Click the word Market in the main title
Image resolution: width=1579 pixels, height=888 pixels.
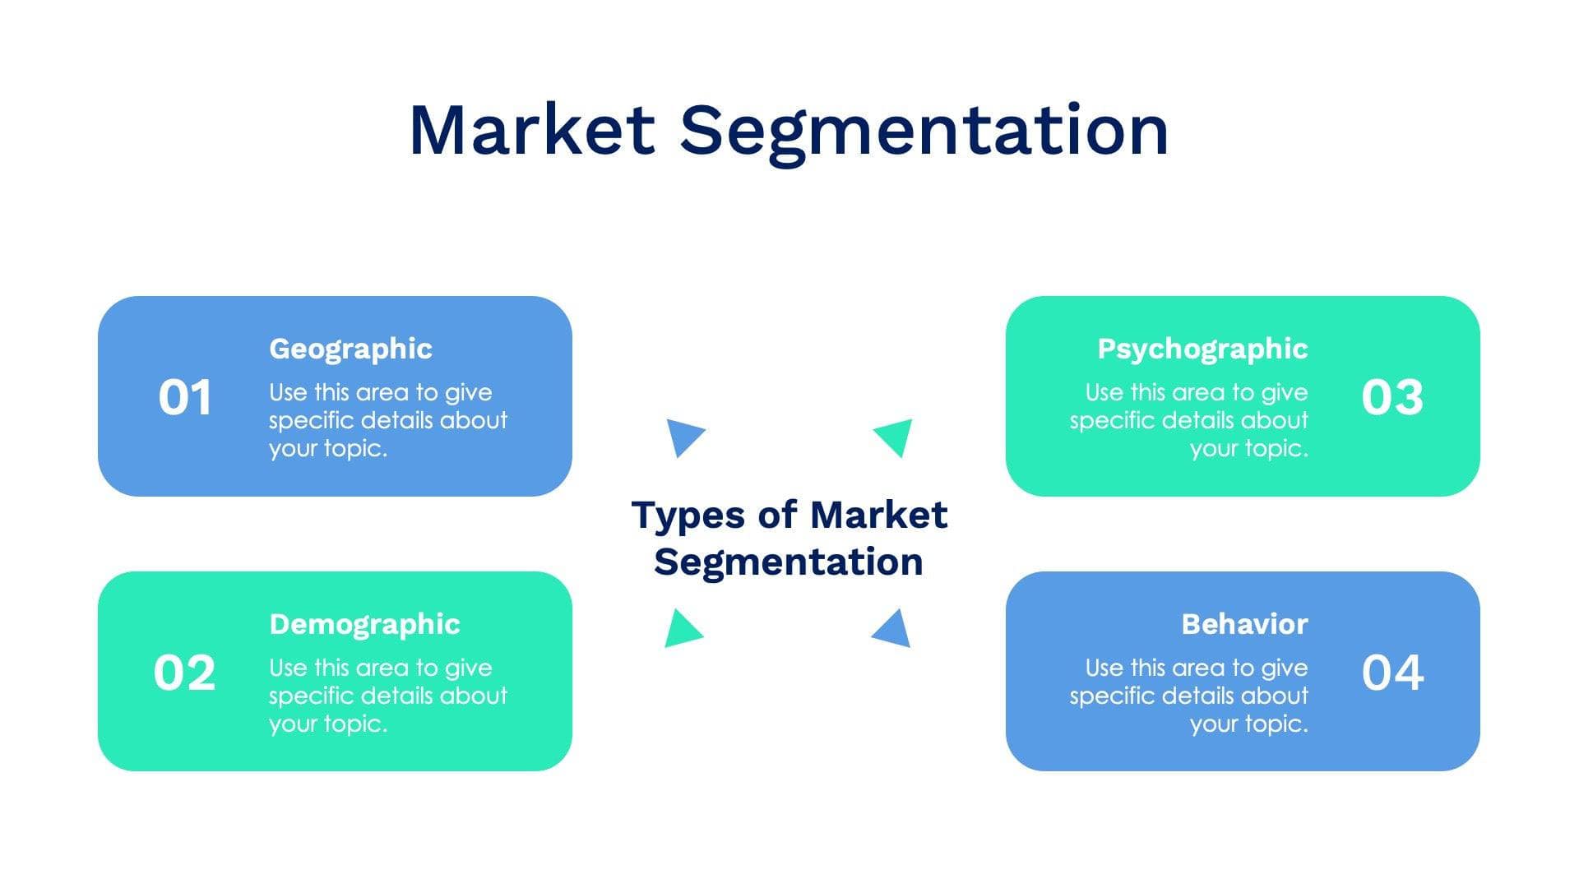(x=531, y=130)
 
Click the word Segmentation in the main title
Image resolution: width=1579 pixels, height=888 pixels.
(x=924, y=132)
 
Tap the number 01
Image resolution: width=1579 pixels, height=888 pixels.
(x=185, y=397)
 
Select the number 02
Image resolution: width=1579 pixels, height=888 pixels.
(x=184, y=673)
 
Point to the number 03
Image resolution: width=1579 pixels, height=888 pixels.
(x=1391, y=397)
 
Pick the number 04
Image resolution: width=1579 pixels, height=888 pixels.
(x=1391, y=673)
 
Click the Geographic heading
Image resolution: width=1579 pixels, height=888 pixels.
(x=350, y=349)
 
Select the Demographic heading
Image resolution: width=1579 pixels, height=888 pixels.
(x=364, y=624)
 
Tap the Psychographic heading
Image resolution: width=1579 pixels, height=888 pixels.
(x=1202, y=349)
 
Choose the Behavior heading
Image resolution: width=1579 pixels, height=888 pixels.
(x=1244, y=624)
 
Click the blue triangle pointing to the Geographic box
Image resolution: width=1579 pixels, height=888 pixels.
(x=683, y=436)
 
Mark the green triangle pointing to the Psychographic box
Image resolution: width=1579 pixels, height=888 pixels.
(x=896, y=436)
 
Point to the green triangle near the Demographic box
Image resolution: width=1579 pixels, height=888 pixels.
(x=682, y=630)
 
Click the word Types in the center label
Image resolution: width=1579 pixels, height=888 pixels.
(x=688, y=516)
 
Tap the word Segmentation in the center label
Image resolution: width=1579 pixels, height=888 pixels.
(x=788, y=562)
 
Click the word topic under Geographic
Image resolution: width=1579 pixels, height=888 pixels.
(x=355, y=449)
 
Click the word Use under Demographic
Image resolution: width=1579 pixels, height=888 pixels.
(x=288, y=668)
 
